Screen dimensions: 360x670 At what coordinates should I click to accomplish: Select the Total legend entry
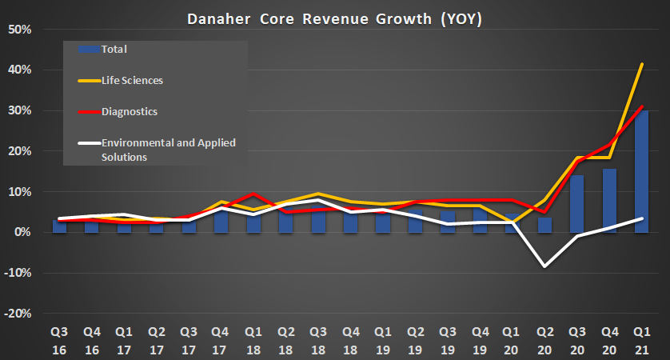tap(114, 50)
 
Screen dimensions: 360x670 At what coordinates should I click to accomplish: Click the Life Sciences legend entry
tap(133, 80)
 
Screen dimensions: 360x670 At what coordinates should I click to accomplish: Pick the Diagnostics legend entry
tap(129, 111)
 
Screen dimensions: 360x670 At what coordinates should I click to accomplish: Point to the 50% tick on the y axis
tap(19, 30)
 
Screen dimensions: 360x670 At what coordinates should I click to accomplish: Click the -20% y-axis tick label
tap(18, 314)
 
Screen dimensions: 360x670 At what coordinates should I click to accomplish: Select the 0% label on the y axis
tap(22, 233)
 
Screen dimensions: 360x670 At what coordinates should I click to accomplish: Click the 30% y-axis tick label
tap(19, 111)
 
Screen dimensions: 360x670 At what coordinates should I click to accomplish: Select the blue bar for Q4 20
tap(610, 202)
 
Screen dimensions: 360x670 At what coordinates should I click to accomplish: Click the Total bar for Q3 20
tap(577, 205)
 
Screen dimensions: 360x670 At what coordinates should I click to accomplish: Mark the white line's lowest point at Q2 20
tap(544, 266)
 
